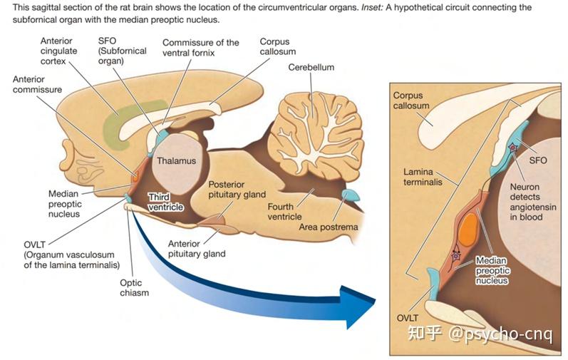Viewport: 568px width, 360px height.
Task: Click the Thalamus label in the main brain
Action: [x=177, y=161]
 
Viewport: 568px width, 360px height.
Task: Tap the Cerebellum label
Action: [x=311, y=67]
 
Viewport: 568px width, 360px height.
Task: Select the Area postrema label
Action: [x=329, y=227]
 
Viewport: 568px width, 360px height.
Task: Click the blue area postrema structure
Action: [x=351, y=195]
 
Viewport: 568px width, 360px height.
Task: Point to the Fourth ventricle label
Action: [x=285, y=212]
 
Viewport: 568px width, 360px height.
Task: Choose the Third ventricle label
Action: [x=165, y=202]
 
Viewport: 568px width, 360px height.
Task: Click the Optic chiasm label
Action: [x=135, y=287]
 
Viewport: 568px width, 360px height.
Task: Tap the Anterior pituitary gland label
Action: [x=197, y=249]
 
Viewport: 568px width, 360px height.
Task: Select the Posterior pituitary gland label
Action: [x=237, y=190]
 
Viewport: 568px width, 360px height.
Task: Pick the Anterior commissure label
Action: [x=37, y=84]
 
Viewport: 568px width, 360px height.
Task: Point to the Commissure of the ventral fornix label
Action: [x=201, y=48]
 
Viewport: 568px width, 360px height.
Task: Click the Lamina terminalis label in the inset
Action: [x=423, y=177]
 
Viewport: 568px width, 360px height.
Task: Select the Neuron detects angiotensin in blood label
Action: [x=533, y=202]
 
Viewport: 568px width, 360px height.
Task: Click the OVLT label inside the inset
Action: [x=408, y=318]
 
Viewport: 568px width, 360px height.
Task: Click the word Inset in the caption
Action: [x=372, y=7]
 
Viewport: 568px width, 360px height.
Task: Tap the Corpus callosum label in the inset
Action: [x=411, y=101]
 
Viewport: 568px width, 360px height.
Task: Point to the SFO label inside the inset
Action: [x=538, y=160]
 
